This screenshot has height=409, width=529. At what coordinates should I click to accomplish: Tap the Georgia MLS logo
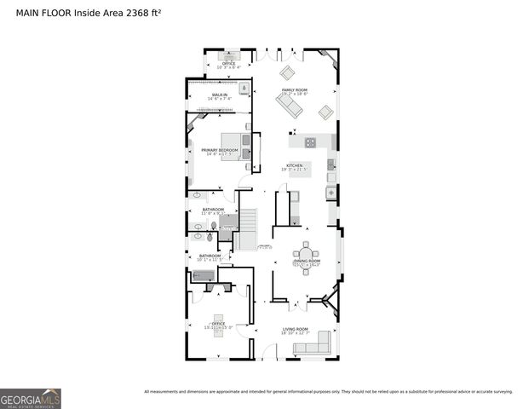coord(31,398)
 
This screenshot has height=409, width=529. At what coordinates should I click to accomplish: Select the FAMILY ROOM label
coord(296,89)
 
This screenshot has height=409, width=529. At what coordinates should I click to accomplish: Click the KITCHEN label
coord(295,165)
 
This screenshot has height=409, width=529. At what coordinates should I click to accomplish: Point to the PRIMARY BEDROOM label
coord(219,150)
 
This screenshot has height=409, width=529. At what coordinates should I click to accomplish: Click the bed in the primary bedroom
coord(236,147)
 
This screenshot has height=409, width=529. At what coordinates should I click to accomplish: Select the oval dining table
coord(307,252)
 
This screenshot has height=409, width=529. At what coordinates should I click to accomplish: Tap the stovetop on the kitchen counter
coord(311,142)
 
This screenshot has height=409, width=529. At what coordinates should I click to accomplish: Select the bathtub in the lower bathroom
coord(204,275)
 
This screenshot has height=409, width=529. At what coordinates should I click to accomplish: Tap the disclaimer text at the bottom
coord(328,392)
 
